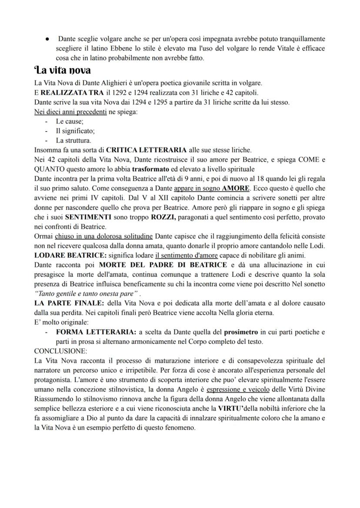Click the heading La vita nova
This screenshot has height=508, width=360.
(62, 70)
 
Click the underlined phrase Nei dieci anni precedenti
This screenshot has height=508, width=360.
(70, 112)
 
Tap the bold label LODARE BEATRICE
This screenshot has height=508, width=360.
(68, 255)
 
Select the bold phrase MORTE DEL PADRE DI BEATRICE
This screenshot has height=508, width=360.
(163, 265)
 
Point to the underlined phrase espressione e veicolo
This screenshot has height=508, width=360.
(238, 389)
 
